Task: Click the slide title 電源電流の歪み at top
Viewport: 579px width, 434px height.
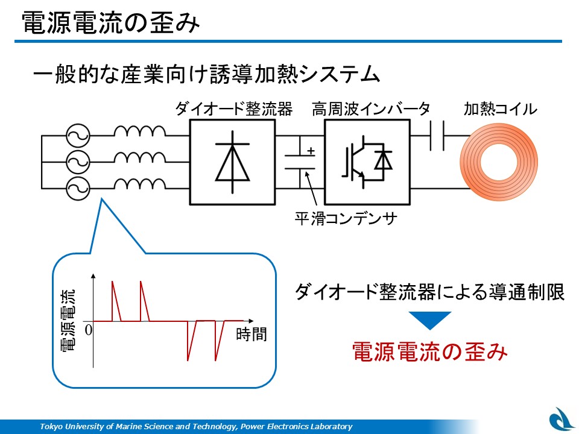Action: [111, 23]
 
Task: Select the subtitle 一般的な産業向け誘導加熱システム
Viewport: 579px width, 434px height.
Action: [207, 74]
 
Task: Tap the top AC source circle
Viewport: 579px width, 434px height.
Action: [78, 136]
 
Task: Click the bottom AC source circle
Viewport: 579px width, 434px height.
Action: [78, 189]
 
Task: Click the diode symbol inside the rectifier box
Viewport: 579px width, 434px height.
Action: [232, 162]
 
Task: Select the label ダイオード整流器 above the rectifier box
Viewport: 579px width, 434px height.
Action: [233, 108]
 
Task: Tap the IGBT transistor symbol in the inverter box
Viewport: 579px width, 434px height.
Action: [367, 162]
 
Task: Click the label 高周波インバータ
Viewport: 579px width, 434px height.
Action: [371, 108]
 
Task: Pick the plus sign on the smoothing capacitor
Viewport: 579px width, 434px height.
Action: [311, 151]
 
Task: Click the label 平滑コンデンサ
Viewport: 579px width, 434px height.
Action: [346, 218]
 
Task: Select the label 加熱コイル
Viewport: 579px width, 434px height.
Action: [500, 108]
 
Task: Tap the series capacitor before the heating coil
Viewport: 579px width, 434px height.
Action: [437, 136]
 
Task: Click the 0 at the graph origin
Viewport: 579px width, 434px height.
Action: [88, 330]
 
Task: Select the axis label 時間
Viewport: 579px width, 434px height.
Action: [251, 334]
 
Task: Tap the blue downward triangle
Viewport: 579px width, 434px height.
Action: [429, 320]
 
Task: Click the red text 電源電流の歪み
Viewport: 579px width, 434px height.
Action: [430, 351]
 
